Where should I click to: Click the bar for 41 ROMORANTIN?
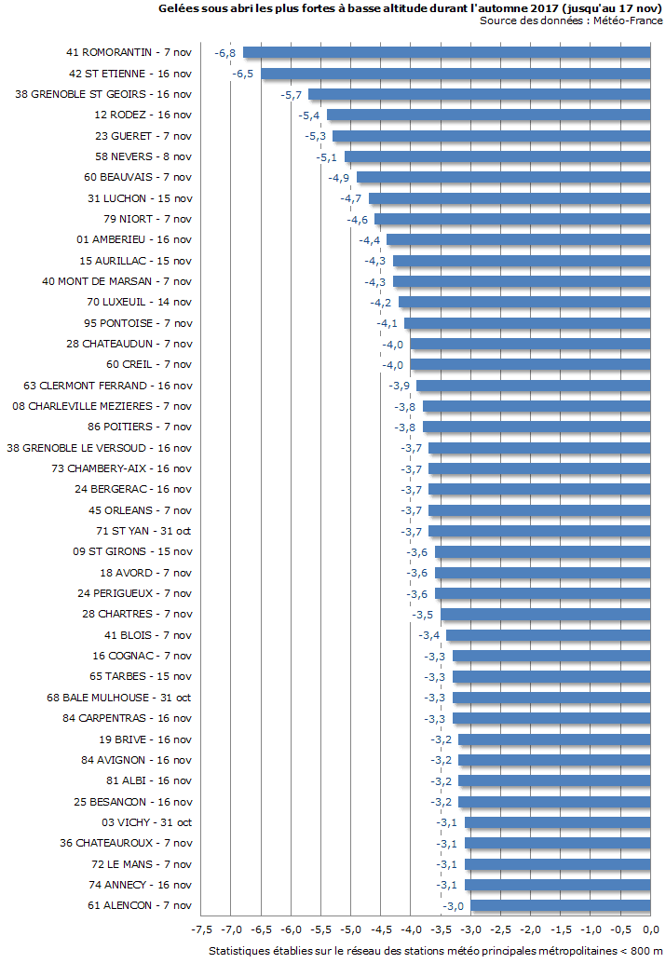(446, 52)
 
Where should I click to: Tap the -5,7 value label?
(292, 94)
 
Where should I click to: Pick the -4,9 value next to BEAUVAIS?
(339, 177)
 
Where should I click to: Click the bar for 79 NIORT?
(511, 219)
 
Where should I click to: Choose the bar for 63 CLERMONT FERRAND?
(533, 386)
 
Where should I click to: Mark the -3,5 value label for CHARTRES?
(423, 615)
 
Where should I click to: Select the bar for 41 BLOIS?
(548, 635)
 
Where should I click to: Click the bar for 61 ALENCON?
(560, 905)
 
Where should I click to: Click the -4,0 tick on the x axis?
(411, 929)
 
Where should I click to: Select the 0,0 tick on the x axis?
(650, 929)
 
